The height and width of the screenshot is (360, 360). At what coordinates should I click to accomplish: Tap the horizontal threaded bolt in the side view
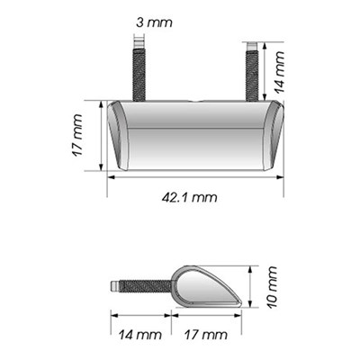pyautogui.click(x=144, y=287)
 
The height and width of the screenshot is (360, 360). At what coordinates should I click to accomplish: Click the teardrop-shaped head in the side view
pyautogui.click(x=207, y=286)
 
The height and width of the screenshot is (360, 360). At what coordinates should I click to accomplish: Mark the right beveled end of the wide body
pyautogui.click(x=275, y=136)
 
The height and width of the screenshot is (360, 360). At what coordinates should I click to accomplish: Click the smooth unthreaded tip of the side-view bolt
pyautogui.click(x=114, y=286)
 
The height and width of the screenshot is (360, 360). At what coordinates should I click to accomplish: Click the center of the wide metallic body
pyautogui.click(x=195, y=136)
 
